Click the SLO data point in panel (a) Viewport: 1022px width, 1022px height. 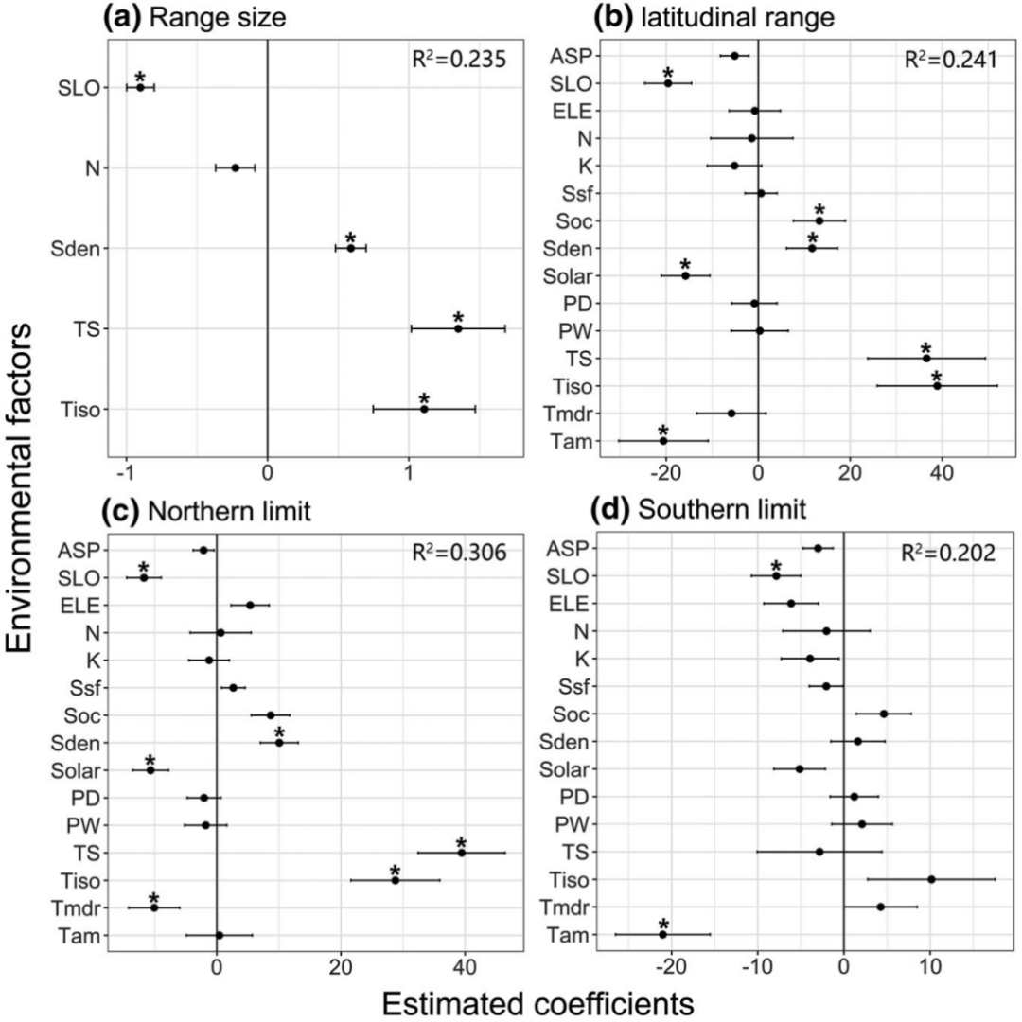(x=140, y=87)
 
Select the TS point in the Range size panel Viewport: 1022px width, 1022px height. (x=458, y=328)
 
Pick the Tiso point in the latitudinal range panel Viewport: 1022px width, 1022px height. (x=937, y=386)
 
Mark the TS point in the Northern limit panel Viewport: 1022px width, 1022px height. (x=462, y=853)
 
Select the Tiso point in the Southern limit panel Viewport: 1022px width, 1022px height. (x=931, y=879)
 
